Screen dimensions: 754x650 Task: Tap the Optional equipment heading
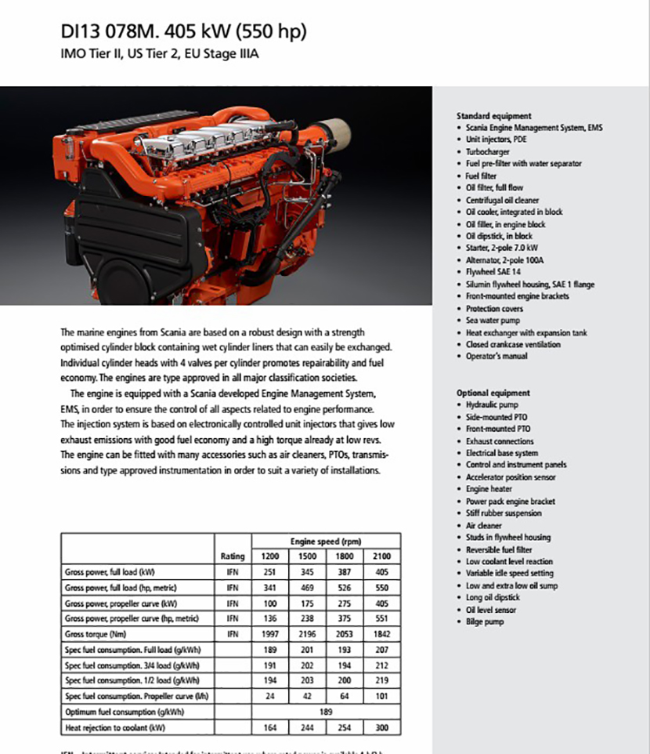[x=493, y=393]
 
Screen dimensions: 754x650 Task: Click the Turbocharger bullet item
[x=488, y=151]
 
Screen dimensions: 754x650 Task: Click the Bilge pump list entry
[x=485, y=622]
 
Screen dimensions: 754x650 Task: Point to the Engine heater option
[x=489, y=489]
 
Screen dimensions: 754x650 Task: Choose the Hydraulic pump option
[x=492, y=404]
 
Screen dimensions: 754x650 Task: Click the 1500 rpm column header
[x=306, y=556]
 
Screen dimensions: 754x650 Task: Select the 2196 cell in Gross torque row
[x=306, y=633]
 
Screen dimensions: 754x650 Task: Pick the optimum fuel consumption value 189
[x=327, y=712]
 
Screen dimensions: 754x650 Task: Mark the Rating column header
[x=233, y=556]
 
